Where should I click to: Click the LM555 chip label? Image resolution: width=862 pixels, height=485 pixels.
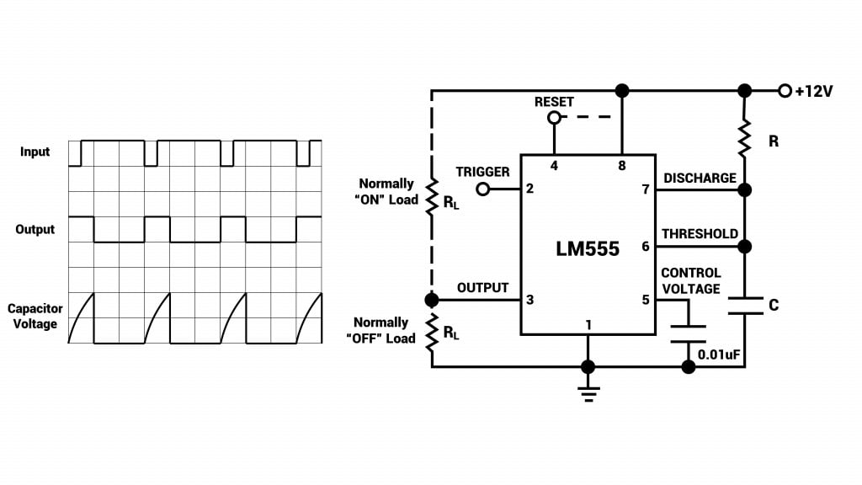[x=588, y=248]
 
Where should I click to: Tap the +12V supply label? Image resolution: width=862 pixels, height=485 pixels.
[x=813, y=91]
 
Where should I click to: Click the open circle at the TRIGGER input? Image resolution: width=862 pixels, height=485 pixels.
[x=483, y=189]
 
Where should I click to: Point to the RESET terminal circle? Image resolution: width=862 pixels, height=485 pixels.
[x=554, y=119]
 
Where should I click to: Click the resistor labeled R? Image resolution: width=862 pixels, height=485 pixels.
[x=744, y=139]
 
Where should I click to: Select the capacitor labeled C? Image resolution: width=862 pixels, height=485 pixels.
[x=744, y=305]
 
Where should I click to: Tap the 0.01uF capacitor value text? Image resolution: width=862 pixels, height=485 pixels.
[x=720, y=354]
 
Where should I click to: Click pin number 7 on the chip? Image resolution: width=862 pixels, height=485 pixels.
[x=646, y=189]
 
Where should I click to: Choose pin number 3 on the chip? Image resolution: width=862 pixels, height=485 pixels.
[x=529, y=300]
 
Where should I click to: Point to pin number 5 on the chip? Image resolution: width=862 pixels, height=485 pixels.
[x=646, y=300]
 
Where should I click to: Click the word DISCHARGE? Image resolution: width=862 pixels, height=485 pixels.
[x=700, y=179]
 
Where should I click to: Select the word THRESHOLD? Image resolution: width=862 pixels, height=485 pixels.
[x=700, y=234]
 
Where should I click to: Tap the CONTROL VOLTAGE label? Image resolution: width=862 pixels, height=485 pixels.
[x=691, y=281]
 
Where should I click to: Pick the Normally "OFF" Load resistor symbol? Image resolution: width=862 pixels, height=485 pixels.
[x=432, y=332]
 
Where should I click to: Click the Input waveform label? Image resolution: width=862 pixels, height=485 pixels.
[x=35, y=152]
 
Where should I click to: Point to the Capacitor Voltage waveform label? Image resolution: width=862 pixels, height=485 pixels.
[x=35, y=317]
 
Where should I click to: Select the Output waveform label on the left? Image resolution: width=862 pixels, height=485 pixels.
[x=35, y=229]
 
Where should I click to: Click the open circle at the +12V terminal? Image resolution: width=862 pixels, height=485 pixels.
[x=785, y=91]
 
